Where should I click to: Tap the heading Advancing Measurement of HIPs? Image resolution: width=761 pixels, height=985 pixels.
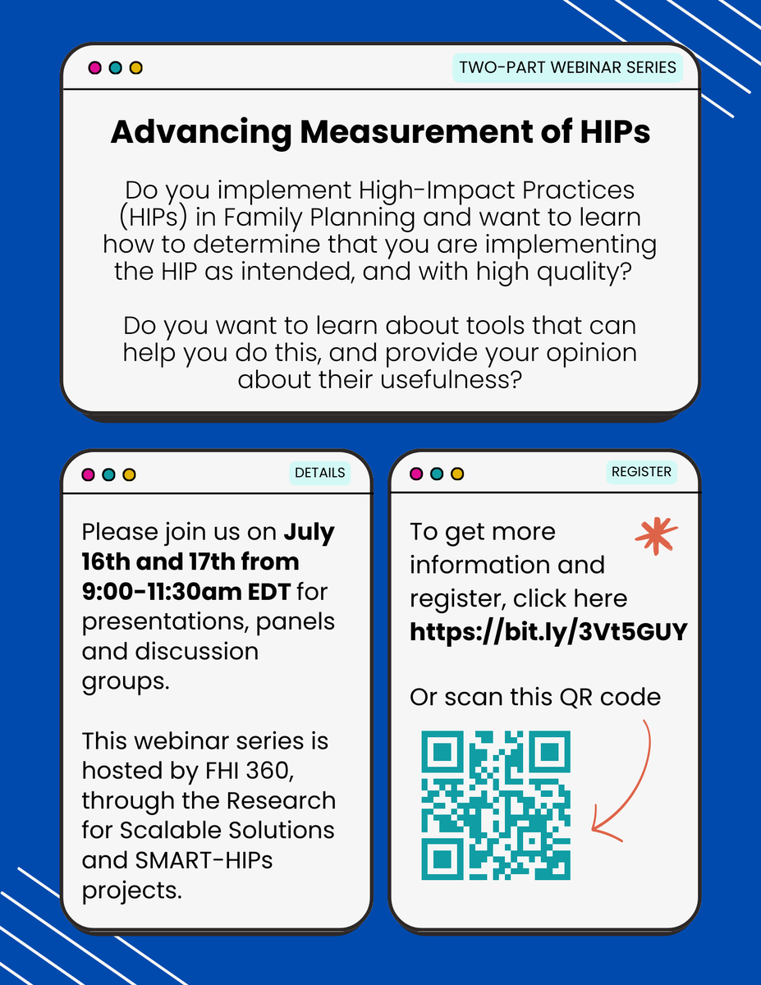pyautogui.click(x=380, y=133)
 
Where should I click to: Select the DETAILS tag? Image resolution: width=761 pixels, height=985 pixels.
pyautogui.click(x=320, y=473)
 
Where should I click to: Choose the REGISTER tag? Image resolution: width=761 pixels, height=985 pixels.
pyautogui.click(x=642, y=472)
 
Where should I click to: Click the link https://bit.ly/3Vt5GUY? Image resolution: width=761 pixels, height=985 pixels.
pyautogui.click(x=548, y=632)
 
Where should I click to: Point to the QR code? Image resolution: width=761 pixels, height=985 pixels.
pyautogui.click(x=496, y=804)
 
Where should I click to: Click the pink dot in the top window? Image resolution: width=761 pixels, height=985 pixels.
pyautogui.click(x=94, y=67)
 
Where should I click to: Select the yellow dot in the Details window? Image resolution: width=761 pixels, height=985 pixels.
pyautogui.click(x=129, y=474)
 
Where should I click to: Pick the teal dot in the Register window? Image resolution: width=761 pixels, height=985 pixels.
pyautogui.click(x=437, y=474)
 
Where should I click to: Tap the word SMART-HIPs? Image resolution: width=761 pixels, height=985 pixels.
pyautogui.click(x=217, y=859)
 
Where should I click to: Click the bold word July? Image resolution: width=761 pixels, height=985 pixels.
pyautogui.click(x=309, y=532)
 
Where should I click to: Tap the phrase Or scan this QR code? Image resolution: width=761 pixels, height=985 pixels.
pyautogui.click(x=535, y=698)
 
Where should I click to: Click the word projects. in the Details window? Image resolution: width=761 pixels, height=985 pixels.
pyautogui.click(x=131, y=889)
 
